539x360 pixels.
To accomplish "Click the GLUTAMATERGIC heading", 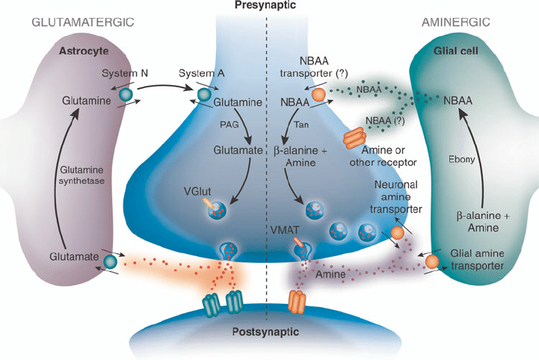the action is coord(83,22).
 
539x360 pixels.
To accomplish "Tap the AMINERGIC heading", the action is coord(455,22).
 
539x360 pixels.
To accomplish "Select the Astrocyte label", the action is coord(84,52).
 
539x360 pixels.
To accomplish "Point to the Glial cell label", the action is coord(455,52).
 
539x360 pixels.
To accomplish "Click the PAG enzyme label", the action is coord(230,124).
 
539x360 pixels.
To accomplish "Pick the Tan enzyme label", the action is coord(301,124).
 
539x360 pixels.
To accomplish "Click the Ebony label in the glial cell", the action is coord(462,159).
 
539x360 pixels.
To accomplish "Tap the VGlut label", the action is coord(197,191).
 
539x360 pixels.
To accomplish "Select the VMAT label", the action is coord(285,230).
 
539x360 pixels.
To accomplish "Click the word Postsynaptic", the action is coord(265,332).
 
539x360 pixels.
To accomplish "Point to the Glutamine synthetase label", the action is coord(81,176).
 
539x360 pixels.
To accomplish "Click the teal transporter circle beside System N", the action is coord(126,94).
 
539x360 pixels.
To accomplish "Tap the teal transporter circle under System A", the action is coord(204,94).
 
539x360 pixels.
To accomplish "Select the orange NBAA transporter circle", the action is coord(318,94).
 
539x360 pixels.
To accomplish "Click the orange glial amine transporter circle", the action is coord(432,262).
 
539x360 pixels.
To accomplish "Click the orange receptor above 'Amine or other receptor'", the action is coord(354,137).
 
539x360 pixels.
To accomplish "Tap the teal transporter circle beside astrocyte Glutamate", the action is coord(111,261).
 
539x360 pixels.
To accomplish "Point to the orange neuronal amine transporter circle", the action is coord(398,233).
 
